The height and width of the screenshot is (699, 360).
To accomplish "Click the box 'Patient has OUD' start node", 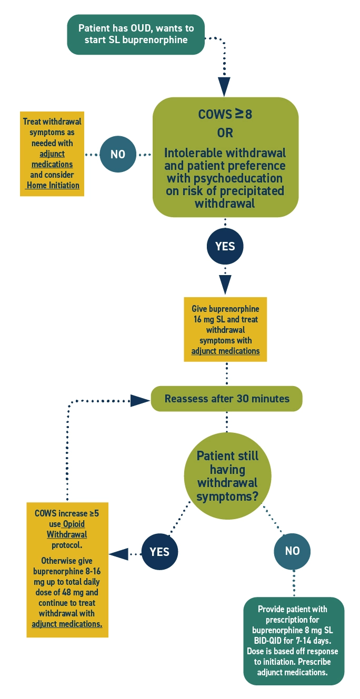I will pos(135,34).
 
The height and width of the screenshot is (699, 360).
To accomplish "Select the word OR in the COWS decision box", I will pos(225,132).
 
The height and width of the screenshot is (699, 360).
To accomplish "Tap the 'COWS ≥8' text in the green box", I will pos(225,114).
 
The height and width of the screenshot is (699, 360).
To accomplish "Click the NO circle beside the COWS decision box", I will pos(117,155).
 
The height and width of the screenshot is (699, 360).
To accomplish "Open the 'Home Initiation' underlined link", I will pos(53,185).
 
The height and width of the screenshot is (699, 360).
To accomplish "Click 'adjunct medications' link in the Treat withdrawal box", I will pos(52,159).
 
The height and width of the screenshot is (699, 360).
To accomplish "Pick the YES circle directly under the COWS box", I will pos(225,246).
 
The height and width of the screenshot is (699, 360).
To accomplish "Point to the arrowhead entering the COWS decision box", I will pos(225,85).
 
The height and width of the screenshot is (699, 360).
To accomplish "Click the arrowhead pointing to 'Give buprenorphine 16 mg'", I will pos(225,285).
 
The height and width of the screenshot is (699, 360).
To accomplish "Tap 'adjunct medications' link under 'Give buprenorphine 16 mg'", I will pos(225,351).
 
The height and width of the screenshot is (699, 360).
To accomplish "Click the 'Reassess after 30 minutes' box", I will pos(227,399).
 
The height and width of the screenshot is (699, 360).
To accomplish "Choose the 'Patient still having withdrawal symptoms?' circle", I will pos(227,476).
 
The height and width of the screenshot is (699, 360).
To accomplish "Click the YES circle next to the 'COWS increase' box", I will pos(159,552).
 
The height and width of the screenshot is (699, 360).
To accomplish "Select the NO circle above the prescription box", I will pos(292,551).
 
